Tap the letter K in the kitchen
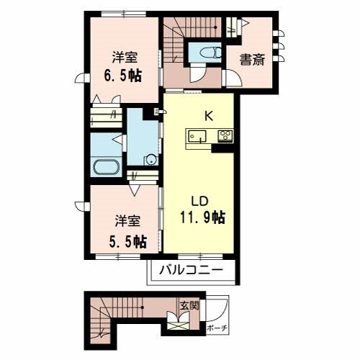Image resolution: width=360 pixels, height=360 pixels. [209, 114]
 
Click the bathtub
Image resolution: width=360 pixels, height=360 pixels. [109, 167]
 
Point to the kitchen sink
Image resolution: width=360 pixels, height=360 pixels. [197, 135]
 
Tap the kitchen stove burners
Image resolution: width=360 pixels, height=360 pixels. [224, 135]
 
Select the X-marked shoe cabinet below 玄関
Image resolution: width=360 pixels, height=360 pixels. [178, 325]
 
